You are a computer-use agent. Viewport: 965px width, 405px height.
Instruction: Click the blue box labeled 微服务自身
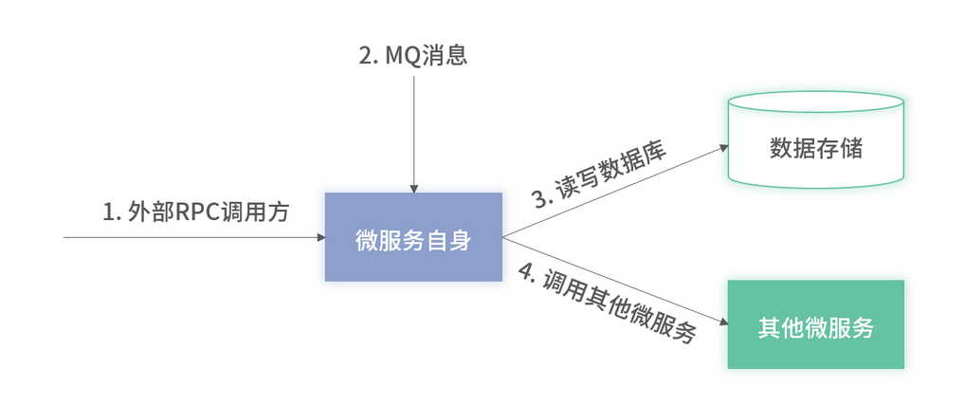tap(413, 237)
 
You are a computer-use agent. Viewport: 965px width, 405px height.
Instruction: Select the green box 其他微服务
tap(815, 324)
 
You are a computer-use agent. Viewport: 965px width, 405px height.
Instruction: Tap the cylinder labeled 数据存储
tap(815, 149)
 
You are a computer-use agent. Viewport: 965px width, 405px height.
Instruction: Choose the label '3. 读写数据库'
tap(599, 175)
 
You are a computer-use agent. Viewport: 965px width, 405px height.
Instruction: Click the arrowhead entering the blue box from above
tap(413, 188)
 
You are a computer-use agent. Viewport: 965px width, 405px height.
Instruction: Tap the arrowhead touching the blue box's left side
tap(319, 237)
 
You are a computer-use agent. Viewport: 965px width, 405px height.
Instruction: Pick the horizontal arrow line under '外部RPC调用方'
tap(190, 237)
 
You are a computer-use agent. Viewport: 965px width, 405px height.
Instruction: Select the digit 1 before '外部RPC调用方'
tap(108, 211)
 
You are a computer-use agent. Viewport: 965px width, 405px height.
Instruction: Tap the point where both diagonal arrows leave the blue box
tap(503, 237)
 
